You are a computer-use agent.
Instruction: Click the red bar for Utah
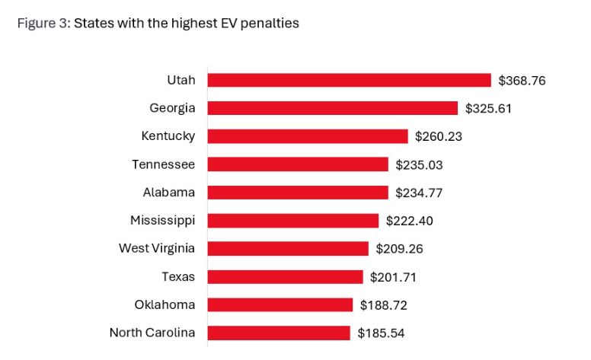pyautogui.click(x=349, y=80)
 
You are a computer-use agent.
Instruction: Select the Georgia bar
pyautogui.click(x=332, y=108)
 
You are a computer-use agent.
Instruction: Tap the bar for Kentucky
pyautogui.click(x=308, y=136)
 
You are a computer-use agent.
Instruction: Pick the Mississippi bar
pyautogui.click(x=292, y=221)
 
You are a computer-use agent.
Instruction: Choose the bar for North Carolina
pyautogui.click(x=278, y=333)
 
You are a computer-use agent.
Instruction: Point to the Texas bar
pyautogui.click(x=285, y=276)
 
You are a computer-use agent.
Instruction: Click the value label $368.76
pyautogui.click(x=522, y=80)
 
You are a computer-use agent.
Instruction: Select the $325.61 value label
pyautogui.click(x=488, y=108)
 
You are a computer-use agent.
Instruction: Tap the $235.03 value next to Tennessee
pyautogui.click(x=419, y=164)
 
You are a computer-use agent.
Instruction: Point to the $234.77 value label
pyautogui.click(x=419, y=193)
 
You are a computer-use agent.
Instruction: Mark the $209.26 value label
pyautogui.click(x=399, y=248)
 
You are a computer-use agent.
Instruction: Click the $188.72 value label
pyautogui.click(x=384, y=304)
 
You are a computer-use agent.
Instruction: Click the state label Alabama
pyautogui.click(x=169, y=193)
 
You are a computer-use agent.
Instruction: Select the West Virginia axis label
pyautogui.click(x=157, y=248)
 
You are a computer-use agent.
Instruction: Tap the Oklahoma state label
pyautogui.click(x=165, y=304)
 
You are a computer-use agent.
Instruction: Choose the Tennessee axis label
pyautogui.click(x=163, y=164)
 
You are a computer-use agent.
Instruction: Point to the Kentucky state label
pyautogui.click(x=168, y=136)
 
